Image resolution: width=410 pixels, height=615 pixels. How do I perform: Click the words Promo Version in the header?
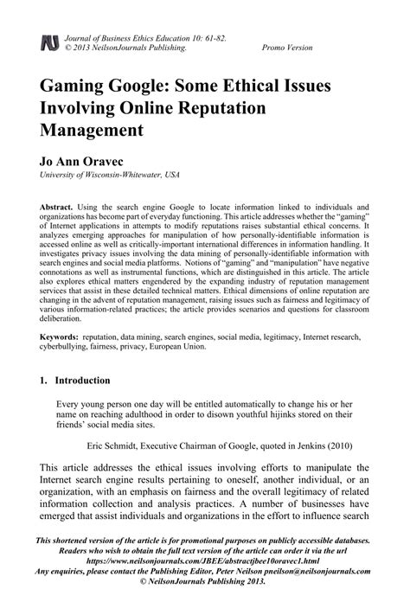pyautogui.click(x=290, y=48)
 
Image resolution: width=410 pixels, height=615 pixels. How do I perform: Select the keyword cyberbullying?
pyautogui.click(x=66, y=343)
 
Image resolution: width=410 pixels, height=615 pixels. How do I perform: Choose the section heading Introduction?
pyautogui.click(x=82, y=380)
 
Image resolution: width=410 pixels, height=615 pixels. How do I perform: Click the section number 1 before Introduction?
pyautogui.click(x=43, y=380)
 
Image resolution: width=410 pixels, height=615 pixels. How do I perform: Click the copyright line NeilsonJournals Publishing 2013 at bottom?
pyautogui.click(x=204, y=583)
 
